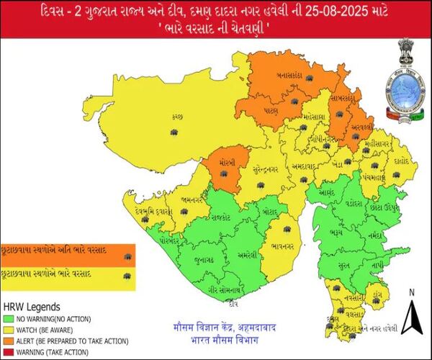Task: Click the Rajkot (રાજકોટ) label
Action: coord(215,214)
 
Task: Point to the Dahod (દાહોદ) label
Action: coord(400,162)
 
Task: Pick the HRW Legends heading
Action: coord(30,305)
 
